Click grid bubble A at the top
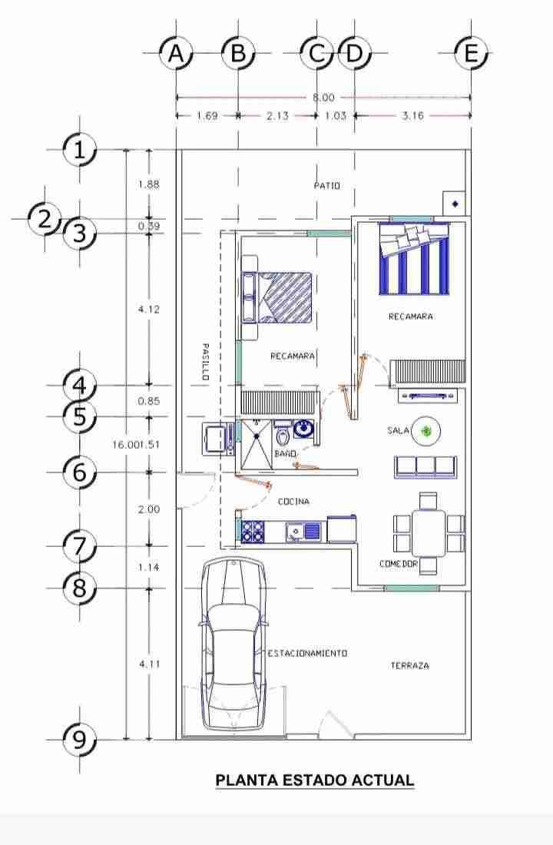pyautogui.click(x=176, y=53)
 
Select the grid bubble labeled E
pyautogui.click(x=471, y=53)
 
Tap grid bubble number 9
pyautogui.click(x=80, y=739)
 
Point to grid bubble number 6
pyautogui.click(x=80, y=472)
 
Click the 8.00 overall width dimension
pyautogui.click(x=323, y=98)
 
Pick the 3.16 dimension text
pyautogui.click(x=413, y=114)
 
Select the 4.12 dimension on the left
pyautogui.click(x=149, y=310)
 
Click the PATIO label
pyautogui.click(x=327, y=186)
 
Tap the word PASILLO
pyautogui.click(x=205, y=362)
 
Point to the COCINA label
pyautogui.click(x=293, y=502)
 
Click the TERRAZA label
pyautogui.click(x=410, y=665)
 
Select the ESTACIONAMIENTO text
pyautogui.click(x=308, y=653)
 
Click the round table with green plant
pyautogui.click(x=426, y=431)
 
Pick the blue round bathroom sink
pyautogui.click(x=304, y=429)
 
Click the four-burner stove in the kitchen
pyautogui.click(x=253, y=532)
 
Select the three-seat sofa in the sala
pyautogui.click(x=426, y=467)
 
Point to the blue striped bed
pyautogui.click(x=414, y=259)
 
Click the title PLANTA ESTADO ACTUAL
pyautogui.click(x=315, y=780)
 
